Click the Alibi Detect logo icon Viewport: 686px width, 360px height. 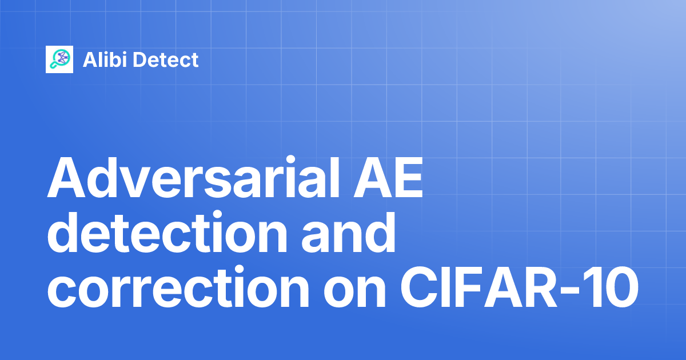point(59,59)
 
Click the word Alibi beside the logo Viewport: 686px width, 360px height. point(105,59)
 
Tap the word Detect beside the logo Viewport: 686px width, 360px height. point(166,59)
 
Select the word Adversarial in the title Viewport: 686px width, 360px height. point(194,178)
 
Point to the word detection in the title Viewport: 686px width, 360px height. point(167,233)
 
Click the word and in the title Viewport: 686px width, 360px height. point(349,233)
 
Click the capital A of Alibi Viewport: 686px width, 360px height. point(91,59)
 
